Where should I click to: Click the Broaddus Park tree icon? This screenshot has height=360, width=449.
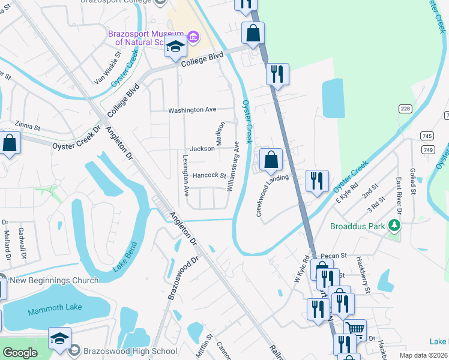click(x=394, y=226)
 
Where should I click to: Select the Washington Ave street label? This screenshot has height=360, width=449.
click(x=192, y=110)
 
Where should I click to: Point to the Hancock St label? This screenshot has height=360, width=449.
click(x=209, y=176)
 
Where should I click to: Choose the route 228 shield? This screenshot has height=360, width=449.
click(x=405, y=108)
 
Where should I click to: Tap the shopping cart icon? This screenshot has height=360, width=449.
click(x=355, y=328)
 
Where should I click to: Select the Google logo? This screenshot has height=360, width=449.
click(x=20, y=353)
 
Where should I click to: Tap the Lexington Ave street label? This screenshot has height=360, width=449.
click(x=185, y=175)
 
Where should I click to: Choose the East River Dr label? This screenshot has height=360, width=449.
click(x=398, y=191)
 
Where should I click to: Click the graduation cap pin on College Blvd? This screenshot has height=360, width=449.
click(x=175, y=46)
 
